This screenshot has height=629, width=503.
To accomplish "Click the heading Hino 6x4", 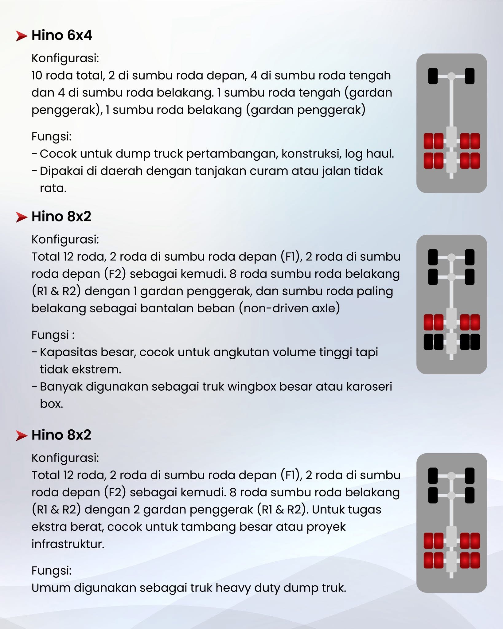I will [x=62, y=35].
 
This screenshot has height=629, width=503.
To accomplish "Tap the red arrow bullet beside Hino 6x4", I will [x=21, y=36].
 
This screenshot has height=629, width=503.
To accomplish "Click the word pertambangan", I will [x=232, y=154].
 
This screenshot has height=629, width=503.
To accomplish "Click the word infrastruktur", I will [x=68, y=544].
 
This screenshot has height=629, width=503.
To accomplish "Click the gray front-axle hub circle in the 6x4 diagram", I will [x=451, y=76].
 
